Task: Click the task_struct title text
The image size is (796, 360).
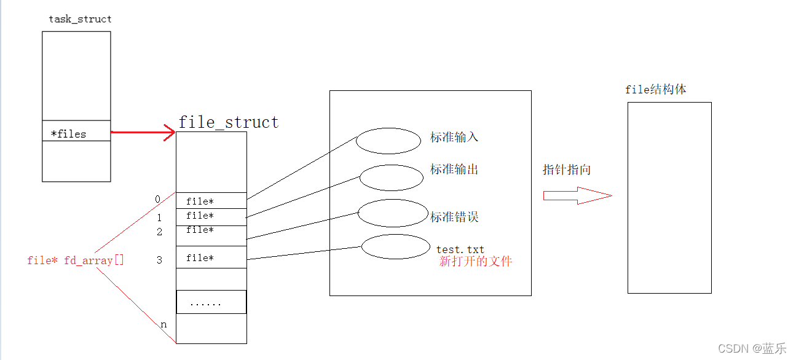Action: click(80, 19)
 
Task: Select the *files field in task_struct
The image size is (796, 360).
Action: click(68, 134)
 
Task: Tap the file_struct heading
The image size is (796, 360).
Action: click(229, 122)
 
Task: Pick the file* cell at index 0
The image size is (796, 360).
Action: click(211, 201)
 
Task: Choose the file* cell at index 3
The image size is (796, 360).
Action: click(211, 258)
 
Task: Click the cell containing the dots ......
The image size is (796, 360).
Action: click(211, 302)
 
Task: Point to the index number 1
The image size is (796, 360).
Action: click(159, 217)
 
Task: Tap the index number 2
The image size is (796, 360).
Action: click(159, 232)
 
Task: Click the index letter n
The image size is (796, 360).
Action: click(164, 324)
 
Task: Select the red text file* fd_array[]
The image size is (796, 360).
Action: click(76, 260)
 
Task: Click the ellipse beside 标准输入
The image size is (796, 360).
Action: click(388, 141)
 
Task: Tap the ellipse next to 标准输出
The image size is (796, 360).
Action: click(392, 178)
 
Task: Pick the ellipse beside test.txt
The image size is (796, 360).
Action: click(395, 246)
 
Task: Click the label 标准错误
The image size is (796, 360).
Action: click(454, 217)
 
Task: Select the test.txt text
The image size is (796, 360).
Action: click(460, 249)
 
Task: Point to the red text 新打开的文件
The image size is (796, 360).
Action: click(475, 261)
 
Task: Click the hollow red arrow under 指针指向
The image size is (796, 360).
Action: click(577, 196)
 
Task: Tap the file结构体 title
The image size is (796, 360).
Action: click(656, 90)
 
